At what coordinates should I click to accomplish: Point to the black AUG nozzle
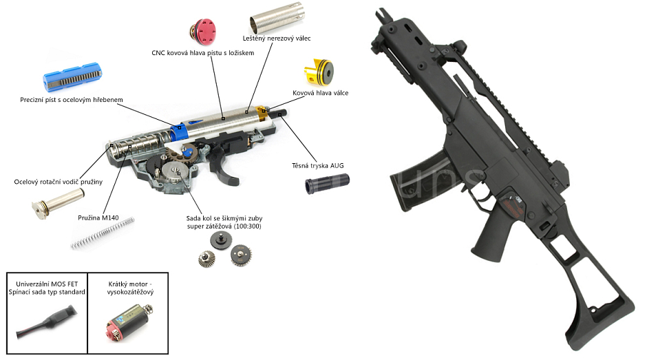coord(328,184)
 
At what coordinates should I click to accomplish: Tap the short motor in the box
coord(122,323)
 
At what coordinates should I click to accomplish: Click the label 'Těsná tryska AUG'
coord(319,165)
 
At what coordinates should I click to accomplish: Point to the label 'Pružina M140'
coord(98,218)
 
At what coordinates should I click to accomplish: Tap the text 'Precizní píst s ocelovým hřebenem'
coord(72,100)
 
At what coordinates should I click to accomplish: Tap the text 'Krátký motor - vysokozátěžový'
coord(131,288)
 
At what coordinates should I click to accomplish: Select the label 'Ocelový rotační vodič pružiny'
coord(59,182)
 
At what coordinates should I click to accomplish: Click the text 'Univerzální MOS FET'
coord(46,283)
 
